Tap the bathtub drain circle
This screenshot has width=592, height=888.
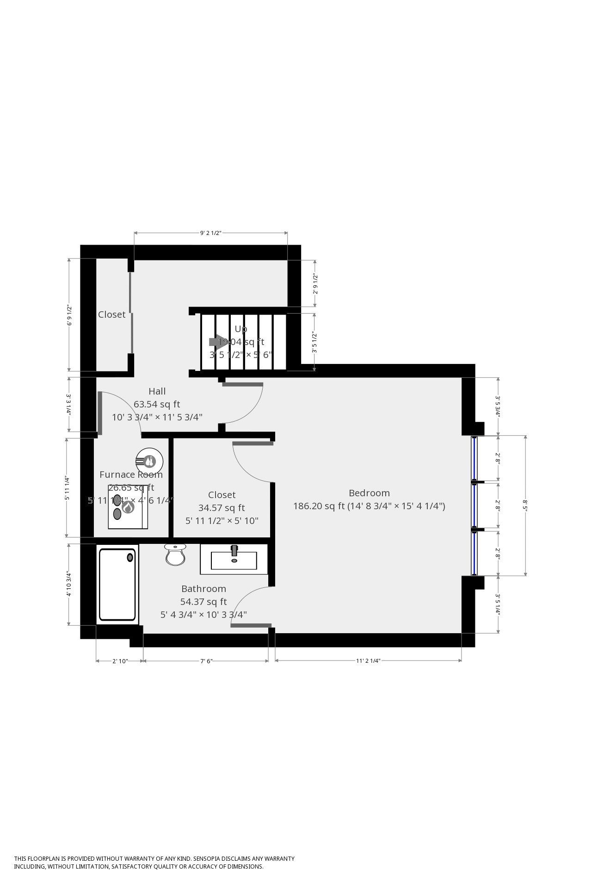[x=130, y=557]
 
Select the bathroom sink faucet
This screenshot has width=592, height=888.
[x=234, y=550]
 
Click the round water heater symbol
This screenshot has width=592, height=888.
[x=149, y=461]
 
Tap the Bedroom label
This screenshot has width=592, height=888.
[x=369, y=493]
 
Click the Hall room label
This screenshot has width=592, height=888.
[x=157, y=391]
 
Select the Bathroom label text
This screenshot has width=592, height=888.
[x=203, y=589]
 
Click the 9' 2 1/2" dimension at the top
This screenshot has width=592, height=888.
[x=210, y=233]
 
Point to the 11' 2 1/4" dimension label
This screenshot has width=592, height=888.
[x=368, y=661]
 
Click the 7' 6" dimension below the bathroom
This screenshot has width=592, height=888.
[x=206, y=661]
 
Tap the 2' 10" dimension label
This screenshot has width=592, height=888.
[x=120, y=661]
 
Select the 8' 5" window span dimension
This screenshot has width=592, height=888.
[x=525, y=505]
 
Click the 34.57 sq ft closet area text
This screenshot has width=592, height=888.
[x=222, y=508]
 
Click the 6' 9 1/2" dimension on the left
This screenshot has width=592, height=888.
[x=70, y=315]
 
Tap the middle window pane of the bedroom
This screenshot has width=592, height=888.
[x=474, y=505]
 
